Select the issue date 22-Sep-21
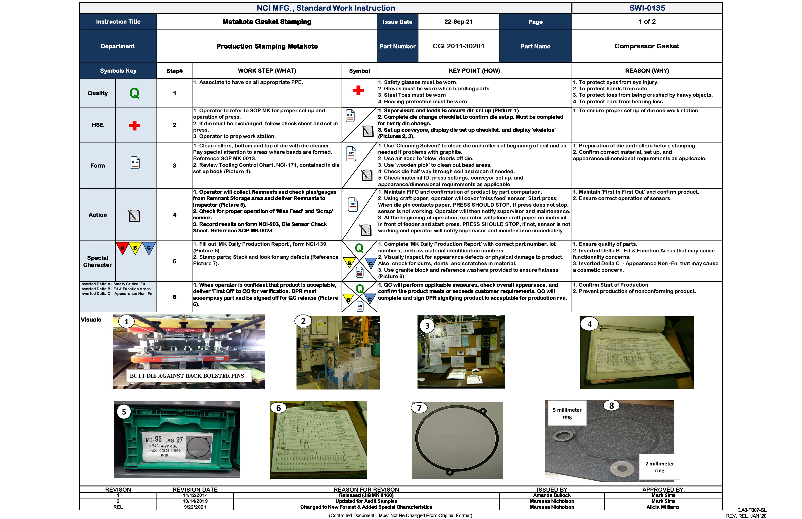pyautogui.click(x=458, y=21)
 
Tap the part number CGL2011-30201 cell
pyautogui.click(x=458, y=46)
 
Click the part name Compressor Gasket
pyautogui.click(x=647, y=46)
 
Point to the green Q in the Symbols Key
pyautogui.click(x=134, y=93)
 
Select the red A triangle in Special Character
pyautogui.click(x=123, y=248)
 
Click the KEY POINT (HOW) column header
pyautogui.click(x=474, y=71)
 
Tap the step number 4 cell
pyautogui.click(x=175, y=215)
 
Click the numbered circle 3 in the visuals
pyautogui.click(x=427, y=326)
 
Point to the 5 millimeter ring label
pyautogui.click(x=567, y=413)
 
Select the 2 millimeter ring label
pyautogui.click(x=660, y=467)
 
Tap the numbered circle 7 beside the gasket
pyautogui.click(x=419, y=408)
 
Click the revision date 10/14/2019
pyautogui.click(x=195, y=501)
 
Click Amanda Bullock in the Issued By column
pyautogui.click(x=552, y=495)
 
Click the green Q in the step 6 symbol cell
pyautogui.click(x=359, y=289)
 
